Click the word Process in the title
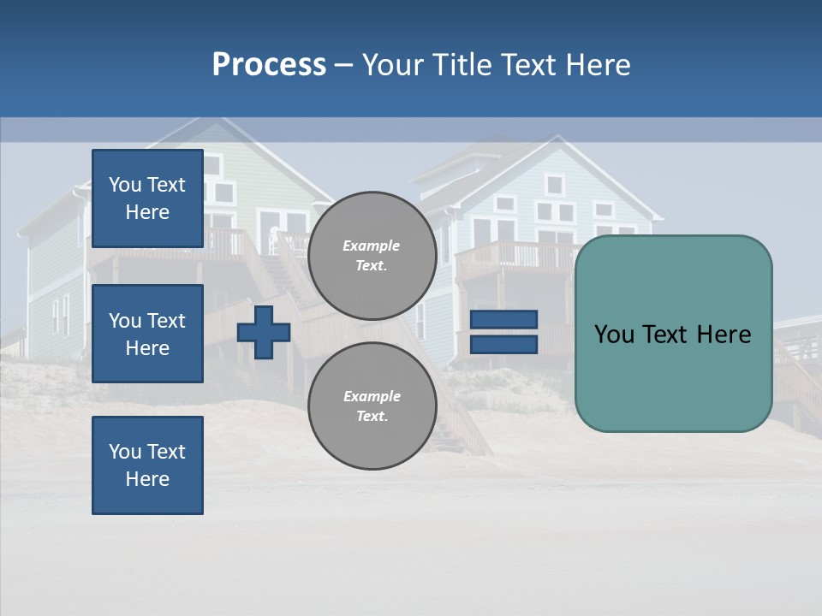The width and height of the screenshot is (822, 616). [269, 65]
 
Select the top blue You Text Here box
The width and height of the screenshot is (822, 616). [147, 198]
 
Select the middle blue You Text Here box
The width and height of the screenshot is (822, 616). [147, 334]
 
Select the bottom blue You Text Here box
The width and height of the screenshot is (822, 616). [147, 465]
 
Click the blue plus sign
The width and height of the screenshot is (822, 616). [264, 332]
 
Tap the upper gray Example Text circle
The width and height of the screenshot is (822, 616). [372, 255]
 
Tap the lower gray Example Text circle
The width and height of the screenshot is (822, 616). [372, 406]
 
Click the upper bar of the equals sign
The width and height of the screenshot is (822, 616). [503, 319]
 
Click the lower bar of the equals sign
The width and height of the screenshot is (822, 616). [503, 345]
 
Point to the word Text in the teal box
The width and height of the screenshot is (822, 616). [673, 335]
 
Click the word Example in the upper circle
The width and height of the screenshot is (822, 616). [371, 246]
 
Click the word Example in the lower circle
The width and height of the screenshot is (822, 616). [371, 396]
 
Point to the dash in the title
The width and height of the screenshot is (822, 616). [343, 66]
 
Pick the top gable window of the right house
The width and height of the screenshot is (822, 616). [554, 184]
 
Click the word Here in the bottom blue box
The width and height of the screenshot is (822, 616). [147, 479]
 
